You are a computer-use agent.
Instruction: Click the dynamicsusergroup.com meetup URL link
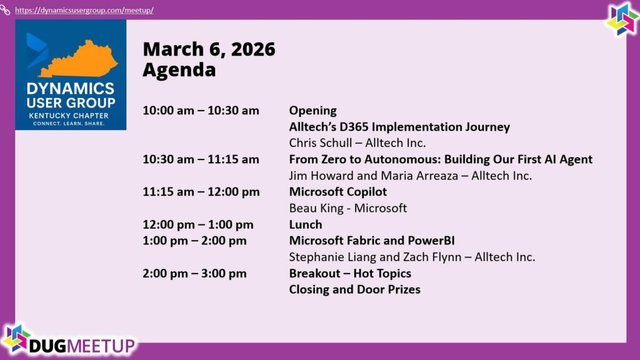tap(84, 10)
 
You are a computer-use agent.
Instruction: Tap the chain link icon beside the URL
tap(5, 10)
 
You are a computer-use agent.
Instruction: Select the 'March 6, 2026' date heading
tap(209, 49)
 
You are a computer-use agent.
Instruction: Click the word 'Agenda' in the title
tap(179, 69)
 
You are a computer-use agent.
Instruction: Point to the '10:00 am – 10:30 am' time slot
tap(201, 111)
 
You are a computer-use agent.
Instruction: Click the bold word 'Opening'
tap(312, 111)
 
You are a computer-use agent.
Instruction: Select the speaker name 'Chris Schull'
tap(321, 143)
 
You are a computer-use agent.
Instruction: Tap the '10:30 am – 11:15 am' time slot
tap(201, 159)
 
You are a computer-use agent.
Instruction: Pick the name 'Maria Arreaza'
tap(419, 176)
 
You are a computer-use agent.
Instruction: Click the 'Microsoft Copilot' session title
tap(338, 192)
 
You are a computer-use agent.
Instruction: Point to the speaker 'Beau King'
tap(316, 208)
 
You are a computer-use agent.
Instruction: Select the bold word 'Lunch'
tap(305, 224)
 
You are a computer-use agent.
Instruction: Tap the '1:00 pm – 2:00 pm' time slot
tap(195, 241)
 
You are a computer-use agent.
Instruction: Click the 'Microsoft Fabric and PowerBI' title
tap(372, 241)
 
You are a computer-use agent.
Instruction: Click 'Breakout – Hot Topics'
tap(350, 274)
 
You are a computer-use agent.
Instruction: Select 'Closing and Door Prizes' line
tap(355, 289)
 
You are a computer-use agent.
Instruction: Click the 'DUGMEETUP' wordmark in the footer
tap(82, 346)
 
